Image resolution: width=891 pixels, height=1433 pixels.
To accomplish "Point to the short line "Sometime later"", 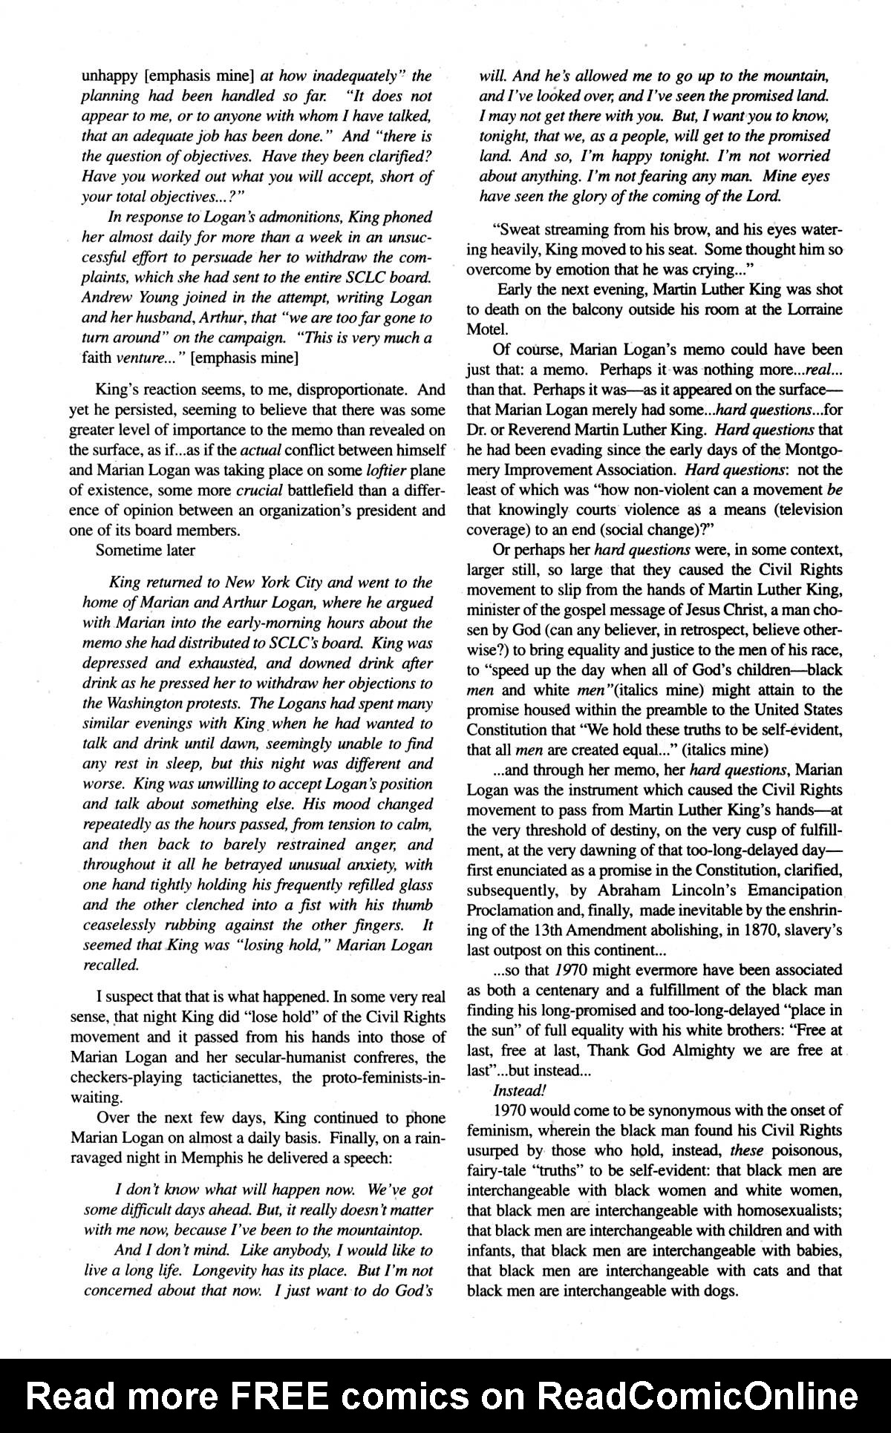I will point(146,551).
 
